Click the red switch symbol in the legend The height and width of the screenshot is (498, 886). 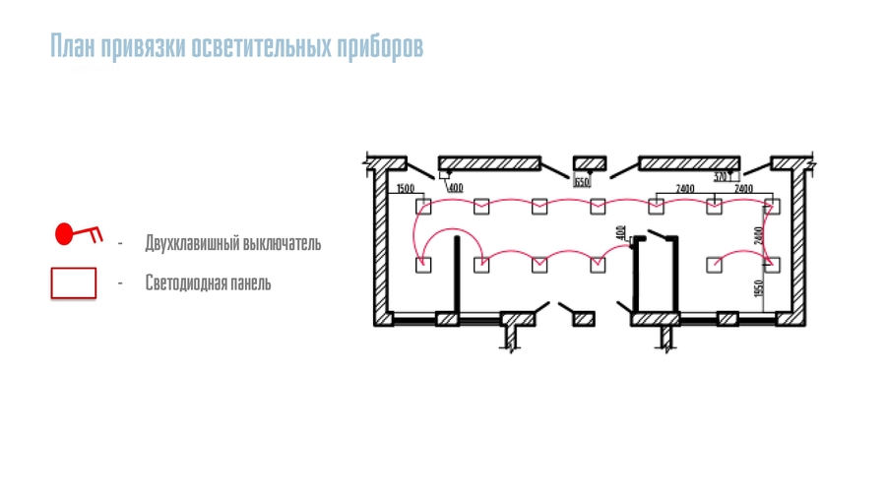tap(77, 234)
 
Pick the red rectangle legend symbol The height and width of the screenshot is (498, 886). tap(74, 282)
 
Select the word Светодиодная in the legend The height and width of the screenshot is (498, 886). tap(182, 283)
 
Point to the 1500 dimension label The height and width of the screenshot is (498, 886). tap(405, 188)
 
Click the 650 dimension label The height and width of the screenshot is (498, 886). tap(582, 182)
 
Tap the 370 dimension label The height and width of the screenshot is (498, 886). tap(720, 177)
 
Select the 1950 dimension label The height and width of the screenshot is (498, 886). tap(759, 290)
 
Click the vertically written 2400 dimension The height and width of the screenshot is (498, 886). tap(759, 236)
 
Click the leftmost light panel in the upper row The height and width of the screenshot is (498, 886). tap(423, 206)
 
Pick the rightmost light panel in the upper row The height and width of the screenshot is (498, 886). tap(772, 206)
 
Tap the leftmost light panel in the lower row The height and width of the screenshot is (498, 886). tap(423, 264)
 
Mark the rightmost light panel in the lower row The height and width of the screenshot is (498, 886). tap(772, 264)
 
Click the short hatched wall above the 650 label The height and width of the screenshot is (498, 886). tap(591, 162)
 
